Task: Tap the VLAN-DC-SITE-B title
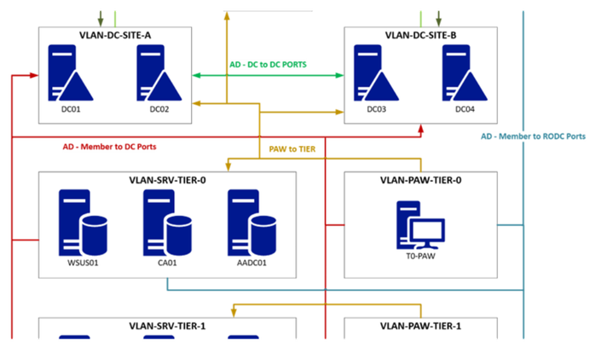click(x=420, y=35)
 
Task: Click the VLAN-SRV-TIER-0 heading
click(x=167, y=180)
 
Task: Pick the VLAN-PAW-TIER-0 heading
click(x=420, y=180)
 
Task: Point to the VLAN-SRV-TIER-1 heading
click(x=167, y=326)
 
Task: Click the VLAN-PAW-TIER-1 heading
click(x=420, y=326)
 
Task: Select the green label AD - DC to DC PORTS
click(x=269, y=64)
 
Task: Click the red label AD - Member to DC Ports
click(x=111, y=146)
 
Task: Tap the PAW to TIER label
click(x=292, y=148)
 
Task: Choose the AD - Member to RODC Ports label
click(x=533, y=136)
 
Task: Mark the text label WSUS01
click(x=82, y=263)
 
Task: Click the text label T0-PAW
click(x=419, y=264)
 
